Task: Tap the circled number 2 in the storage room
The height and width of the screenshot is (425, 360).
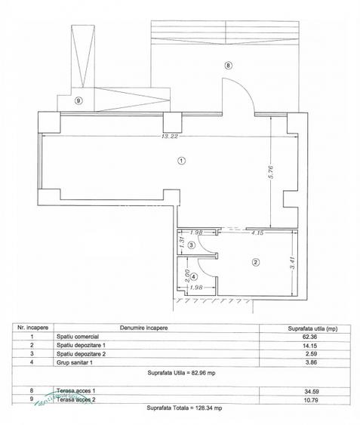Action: pos(255,263)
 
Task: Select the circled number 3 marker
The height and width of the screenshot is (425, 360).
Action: pos(192,245)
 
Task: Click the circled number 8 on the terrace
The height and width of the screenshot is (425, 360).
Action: pos(229,66)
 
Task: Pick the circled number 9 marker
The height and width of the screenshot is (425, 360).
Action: pos(78,99)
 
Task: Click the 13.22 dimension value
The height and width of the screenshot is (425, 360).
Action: pos(169,137)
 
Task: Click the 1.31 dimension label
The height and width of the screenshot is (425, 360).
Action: pos(182,242)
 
